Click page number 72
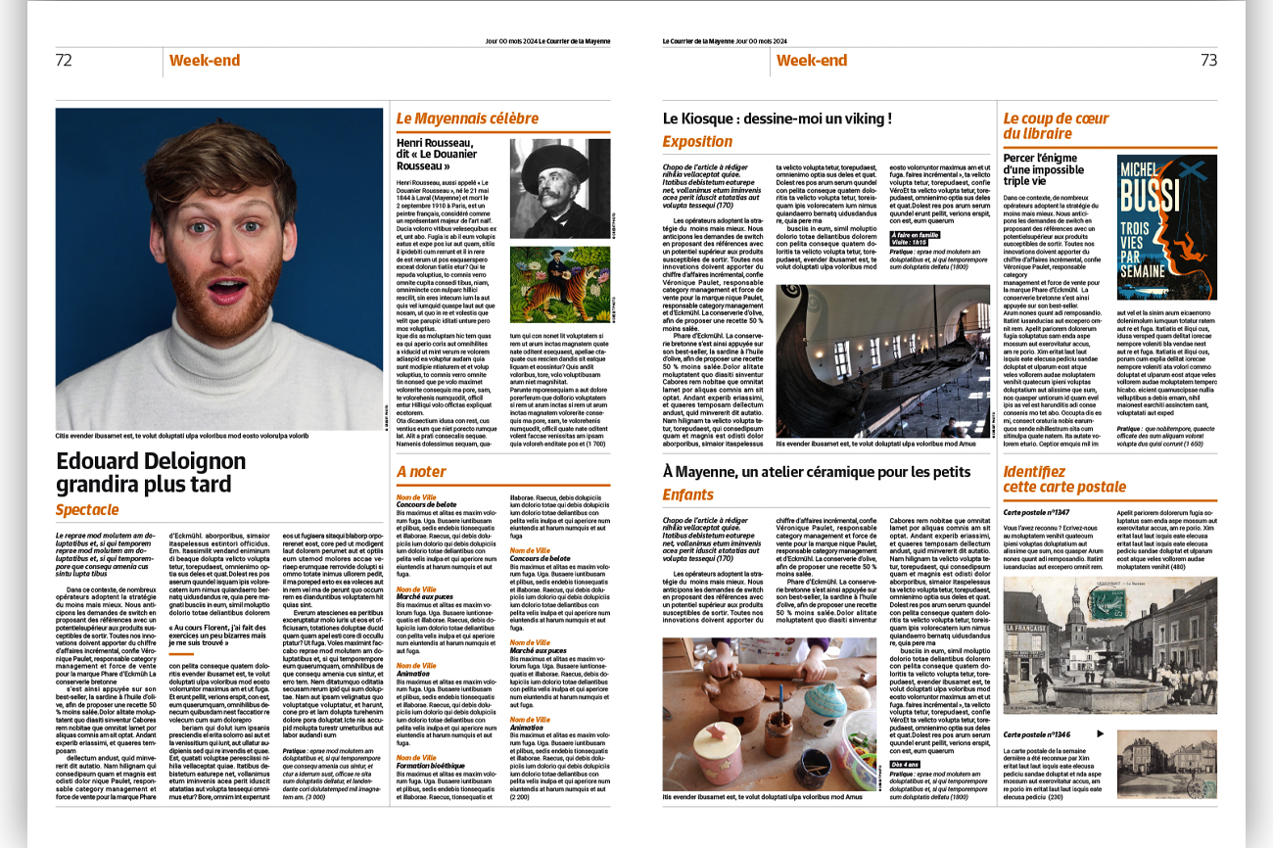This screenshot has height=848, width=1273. pos(64,60)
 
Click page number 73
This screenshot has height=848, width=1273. pos(1208,60)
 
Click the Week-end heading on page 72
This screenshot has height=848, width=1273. pos(205,61)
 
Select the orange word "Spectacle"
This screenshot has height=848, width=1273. pos(87,509)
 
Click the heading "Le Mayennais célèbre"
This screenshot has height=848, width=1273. pos(467,118)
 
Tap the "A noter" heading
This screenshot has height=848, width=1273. pos(421,471)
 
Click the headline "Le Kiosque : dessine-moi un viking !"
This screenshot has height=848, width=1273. pos(778,118)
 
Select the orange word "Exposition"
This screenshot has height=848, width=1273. pos(697,141)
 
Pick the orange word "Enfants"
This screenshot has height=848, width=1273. pos(687,495)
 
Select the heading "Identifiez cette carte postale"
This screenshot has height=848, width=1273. pos(1064,479)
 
